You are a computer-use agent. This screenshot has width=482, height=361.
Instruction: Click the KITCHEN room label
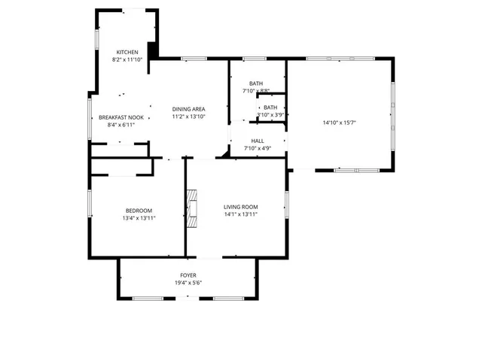(x=127, y=52)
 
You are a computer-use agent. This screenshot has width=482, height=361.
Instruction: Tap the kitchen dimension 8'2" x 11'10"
(x=127, y=59)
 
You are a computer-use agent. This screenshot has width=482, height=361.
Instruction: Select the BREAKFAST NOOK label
(x=121, y=117)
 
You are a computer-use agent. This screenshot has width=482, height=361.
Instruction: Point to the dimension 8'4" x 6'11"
(x=121, y=126)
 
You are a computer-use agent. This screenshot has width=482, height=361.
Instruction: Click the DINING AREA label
(x=189, y=109)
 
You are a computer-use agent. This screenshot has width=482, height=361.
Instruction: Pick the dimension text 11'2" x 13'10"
(x=189, y=117)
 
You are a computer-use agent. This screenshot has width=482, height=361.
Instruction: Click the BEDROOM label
(x=139, y=210)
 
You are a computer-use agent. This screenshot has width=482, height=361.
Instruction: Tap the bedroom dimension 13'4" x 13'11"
(x=139, y=218)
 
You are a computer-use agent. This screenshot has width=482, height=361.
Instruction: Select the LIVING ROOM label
(x=240, y=207)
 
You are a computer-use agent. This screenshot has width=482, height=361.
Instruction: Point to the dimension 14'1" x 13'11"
(x=240, y=215)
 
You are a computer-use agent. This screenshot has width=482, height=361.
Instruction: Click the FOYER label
(x=188, y=275)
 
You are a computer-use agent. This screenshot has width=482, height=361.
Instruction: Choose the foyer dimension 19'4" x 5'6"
(x=188, y=284)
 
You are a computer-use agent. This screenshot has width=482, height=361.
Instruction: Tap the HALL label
(x=257, y=141)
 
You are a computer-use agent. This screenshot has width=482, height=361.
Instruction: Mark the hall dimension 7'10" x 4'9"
(x=257, y=149)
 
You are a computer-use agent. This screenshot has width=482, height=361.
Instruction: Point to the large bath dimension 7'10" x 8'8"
(x=256, y=91)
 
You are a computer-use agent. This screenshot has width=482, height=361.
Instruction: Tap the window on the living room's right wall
(x=286, y=205)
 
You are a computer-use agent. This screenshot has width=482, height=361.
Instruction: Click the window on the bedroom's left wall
(x=90, y=202)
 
